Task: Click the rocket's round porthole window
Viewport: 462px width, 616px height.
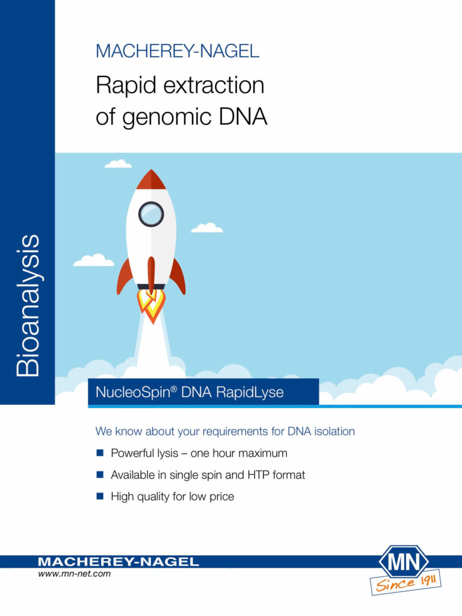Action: (x=151, y=214)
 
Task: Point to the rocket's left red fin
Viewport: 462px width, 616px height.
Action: (x=125, y=276)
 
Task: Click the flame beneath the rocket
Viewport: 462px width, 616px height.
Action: (x=151, y=304)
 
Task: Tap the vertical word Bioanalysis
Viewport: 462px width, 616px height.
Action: (x=28, y=306)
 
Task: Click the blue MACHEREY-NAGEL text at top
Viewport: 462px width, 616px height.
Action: (x=177, y=51)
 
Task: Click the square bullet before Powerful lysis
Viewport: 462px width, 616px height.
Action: (x=100, y=453)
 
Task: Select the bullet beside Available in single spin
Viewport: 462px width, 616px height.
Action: (x=100, y=475)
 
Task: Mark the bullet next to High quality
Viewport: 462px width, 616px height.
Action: (x=100, y=497)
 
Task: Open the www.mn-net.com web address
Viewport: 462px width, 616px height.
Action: (x=75, y=574)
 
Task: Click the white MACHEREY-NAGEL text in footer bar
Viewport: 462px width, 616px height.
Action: (x=118, y=562)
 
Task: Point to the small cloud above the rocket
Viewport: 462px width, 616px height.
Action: (x=118, y=163)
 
